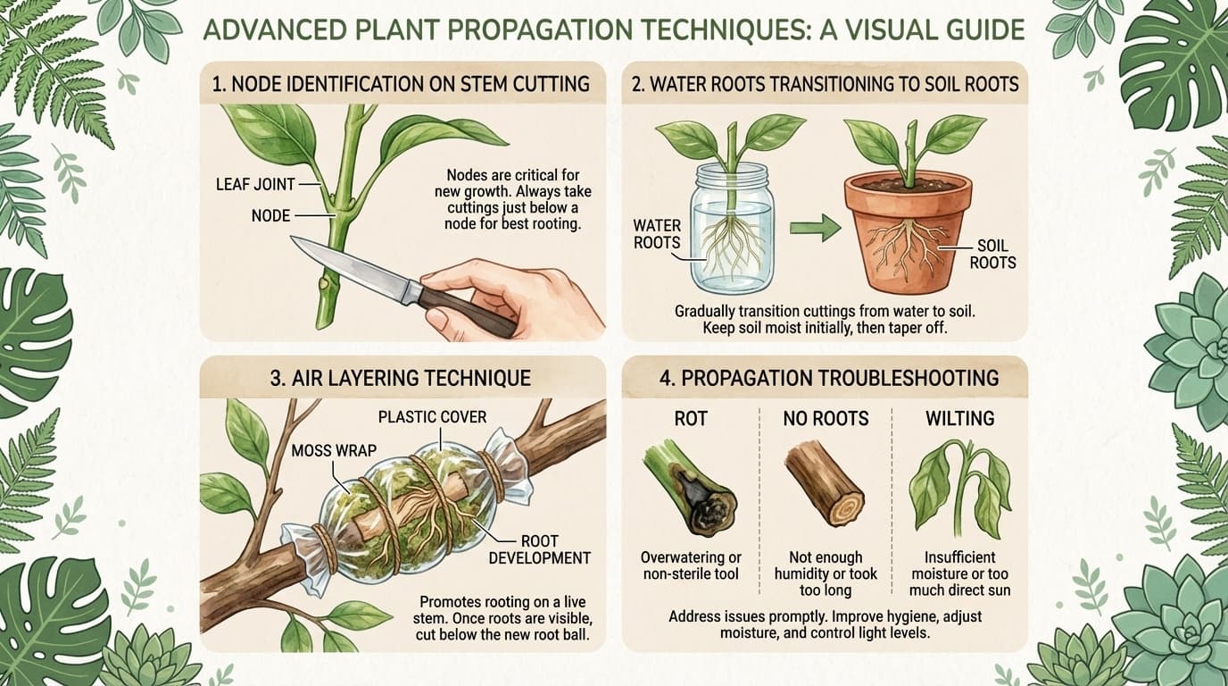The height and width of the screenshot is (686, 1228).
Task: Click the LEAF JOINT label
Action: (256, 185)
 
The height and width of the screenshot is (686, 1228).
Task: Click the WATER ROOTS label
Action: (656, 233)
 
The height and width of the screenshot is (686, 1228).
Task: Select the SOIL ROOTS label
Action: (992, 255)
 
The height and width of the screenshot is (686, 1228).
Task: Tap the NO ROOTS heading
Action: (825, 418)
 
